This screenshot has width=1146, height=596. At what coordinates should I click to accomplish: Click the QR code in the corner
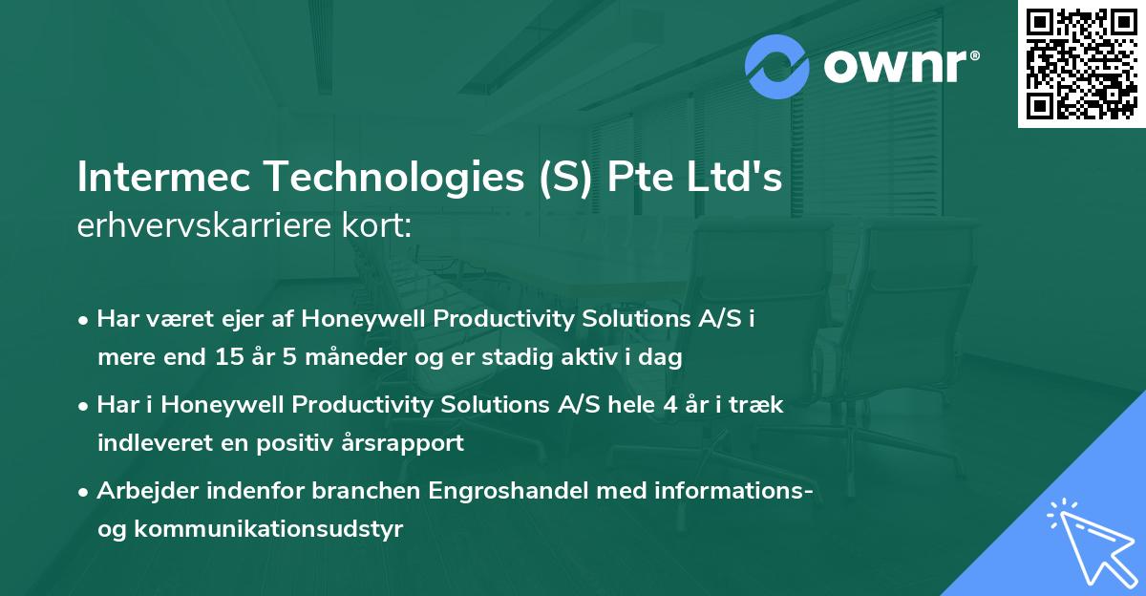click(1081, 63)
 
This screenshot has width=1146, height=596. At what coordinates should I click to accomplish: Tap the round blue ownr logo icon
click(777, 66)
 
